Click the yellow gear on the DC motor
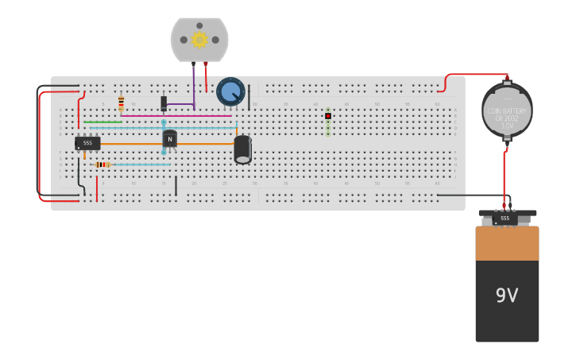click(199, 39)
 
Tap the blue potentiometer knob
click(231, 91)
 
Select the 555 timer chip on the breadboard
click(87, 143)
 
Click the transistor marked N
click(169, 138)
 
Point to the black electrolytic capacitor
click(242, 149)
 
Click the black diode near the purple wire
click(164, 103)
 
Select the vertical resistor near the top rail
click(121, 103)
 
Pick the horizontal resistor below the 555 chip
click(102, 165)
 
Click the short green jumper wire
click(102, 122)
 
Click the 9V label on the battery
click(507, 296)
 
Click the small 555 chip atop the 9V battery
click(504, 218)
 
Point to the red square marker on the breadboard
click(328, 116)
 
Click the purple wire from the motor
click(193, 83)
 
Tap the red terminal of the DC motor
click(206, 64)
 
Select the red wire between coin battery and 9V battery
click(504, 175)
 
